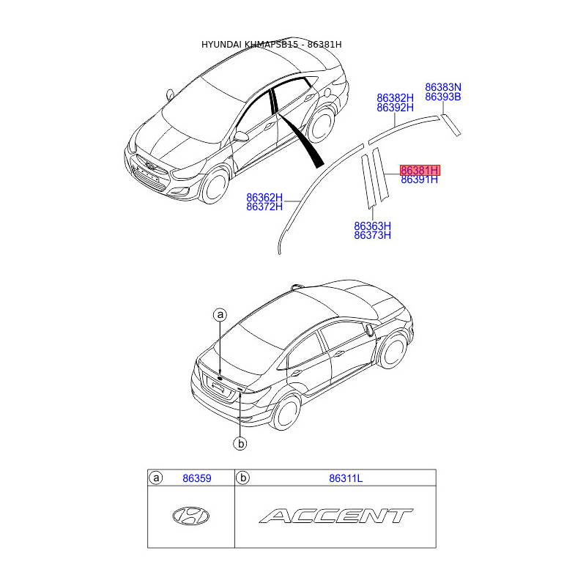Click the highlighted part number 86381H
[x=419, y=170]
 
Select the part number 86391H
[x=419, y=179]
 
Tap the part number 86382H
[x=395, y=97]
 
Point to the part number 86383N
[x=443, y=87]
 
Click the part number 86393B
[x=443, y=97]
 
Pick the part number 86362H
[x=264, y=197]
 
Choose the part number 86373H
[x=372, y=235]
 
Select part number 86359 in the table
[x=196, y=478]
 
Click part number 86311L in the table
[x=346, y=478]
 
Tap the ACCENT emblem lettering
[x=335, y=516]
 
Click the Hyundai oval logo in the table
[x=190, y=516]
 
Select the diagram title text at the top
[x=272, y=45]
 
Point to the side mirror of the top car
[x=241, y=136]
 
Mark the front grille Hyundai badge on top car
[x=149, y=164]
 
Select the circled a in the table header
[x=155, y=478]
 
